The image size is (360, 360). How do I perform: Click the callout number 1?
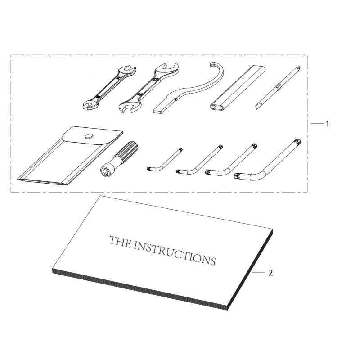[x=327, y=124]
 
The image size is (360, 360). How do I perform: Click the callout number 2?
[x=270, y=273]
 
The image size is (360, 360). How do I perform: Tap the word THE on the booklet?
[x=120, y=242]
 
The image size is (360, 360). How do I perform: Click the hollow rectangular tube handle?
[x=236, y=88]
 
